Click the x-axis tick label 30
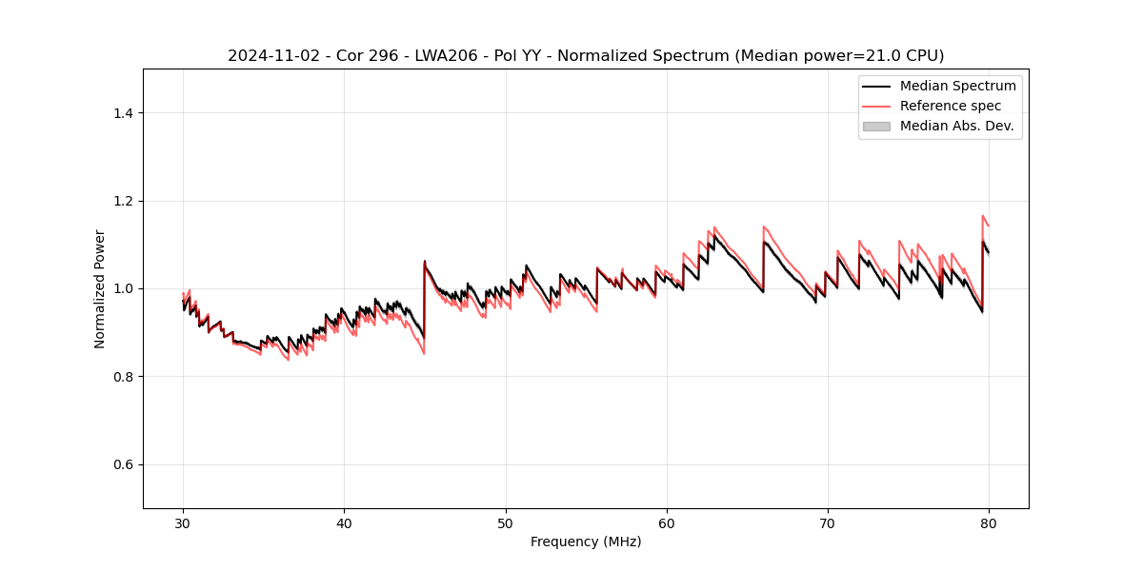[183, 522]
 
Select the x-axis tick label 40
[344, 522]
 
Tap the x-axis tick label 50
[506, 522]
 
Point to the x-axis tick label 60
[667, 522]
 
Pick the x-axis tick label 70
[828, 522]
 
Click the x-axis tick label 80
[989, 522]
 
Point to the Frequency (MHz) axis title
[586, 541]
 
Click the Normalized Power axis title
[100, 288]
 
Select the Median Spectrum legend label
[957, 86]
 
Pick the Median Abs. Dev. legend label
[956, 126]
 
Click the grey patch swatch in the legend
[876, 126]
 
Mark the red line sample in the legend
[876, 106]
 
